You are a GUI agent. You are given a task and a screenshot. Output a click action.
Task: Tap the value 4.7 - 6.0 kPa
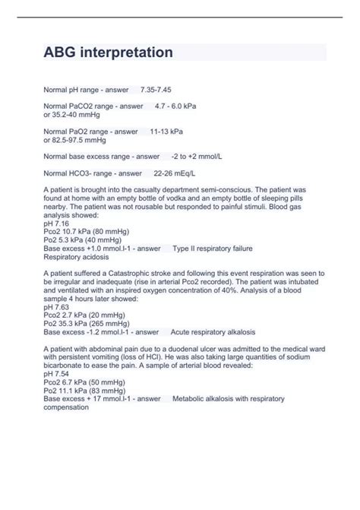pos(175,106)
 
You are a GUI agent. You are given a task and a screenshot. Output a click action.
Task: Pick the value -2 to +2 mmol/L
pos(197,157)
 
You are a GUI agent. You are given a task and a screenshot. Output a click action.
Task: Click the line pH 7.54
pos(57,374)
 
